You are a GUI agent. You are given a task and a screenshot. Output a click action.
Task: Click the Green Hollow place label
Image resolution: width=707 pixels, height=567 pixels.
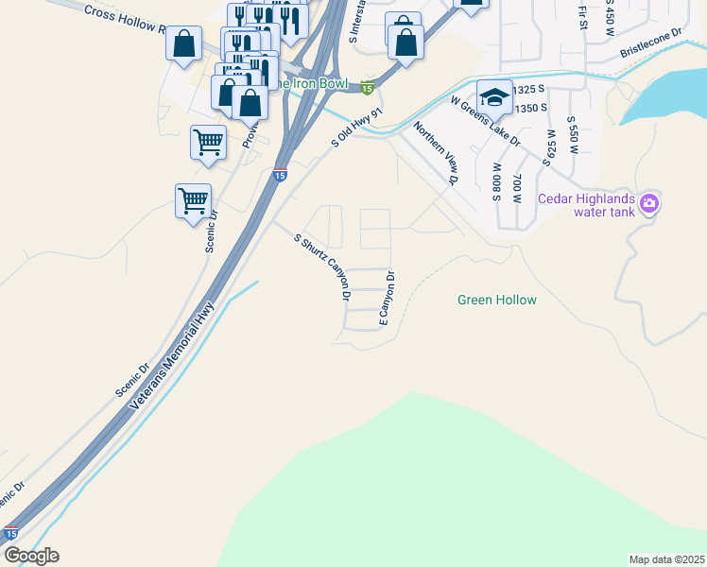point(496,300)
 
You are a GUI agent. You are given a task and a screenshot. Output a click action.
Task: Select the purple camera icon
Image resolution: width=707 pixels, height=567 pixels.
point(649,202)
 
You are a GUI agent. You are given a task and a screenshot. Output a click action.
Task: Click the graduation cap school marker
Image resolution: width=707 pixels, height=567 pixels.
point(494,96)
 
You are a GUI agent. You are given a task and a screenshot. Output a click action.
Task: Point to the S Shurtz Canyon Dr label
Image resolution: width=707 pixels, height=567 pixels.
point(323,267)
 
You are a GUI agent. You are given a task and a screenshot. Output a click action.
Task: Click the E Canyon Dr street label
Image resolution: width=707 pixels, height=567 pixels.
point(387,301)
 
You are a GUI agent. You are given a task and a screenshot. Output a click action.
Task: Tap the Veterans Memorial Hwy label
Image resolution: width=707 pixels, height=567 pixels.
point(174,353)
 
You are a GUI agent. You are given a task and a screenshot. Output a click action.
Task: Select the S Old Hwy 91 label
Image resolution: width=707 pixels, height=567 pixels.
point(356,126)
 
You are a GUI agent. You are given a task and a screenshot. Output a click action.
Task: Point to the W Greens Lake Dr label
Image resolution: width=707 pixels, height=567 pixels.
point(485,120)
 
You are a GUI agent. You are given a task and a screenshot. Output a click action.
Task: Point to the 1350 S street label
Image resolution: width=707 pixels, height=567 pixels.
point(532,108)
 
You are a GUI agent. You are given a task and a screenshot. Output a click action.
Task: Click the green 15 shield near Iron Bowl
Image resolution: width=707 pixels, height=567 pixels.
point(367,88)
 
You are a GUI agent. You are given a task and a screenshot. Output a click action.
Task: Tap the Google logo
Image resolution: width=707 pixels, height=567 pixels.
point(30,556)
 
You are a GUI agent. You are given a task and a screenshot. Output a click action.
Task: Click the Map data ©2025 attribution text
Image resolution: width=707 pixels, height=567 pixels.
point(666,559)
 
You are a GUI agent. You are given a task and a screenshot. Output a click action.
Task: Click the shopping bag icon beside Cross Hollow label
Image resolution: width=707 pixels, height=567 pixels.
point(184,44)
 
